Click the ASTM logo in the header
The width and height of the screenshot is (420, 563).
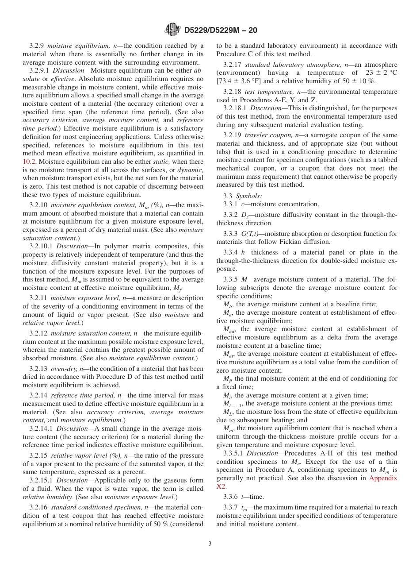pos(172,30)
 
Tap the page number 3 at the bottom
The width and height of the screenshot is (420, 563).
pos(210,544)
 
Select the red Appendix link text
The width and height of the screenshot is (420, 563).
pos(383,478)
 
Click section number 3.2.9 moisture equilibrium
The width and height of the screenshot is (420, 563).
pos(37,46)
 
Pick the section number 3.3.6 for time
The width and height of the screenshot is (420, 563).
pos(232,497)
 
